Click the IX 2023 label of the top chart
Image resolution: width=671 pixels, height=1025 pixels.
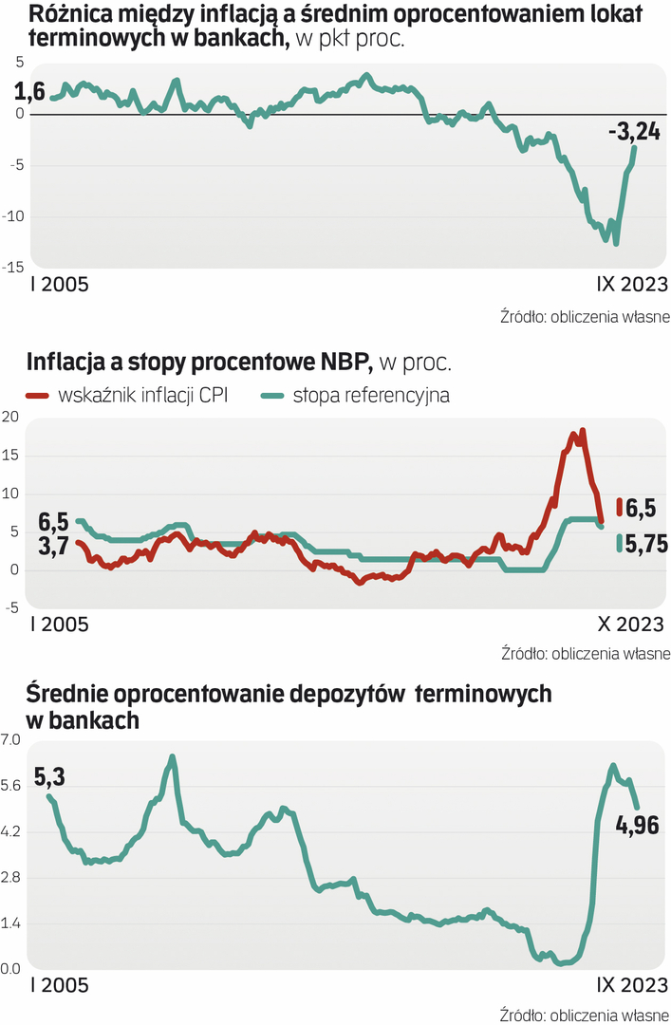coord(631,284)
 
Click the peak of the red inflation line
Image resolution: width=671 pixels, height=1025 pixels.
coord(582,431)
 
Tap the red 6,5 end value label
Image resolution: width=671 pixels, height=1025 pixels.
coord(642,509)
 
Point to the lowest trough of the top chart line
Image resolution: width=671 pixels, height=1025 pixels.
coord(617,244)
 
